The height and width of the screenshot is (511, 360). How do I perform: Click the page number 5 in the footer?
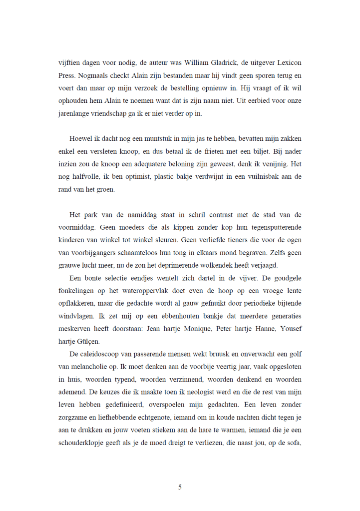coord(180,487)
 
